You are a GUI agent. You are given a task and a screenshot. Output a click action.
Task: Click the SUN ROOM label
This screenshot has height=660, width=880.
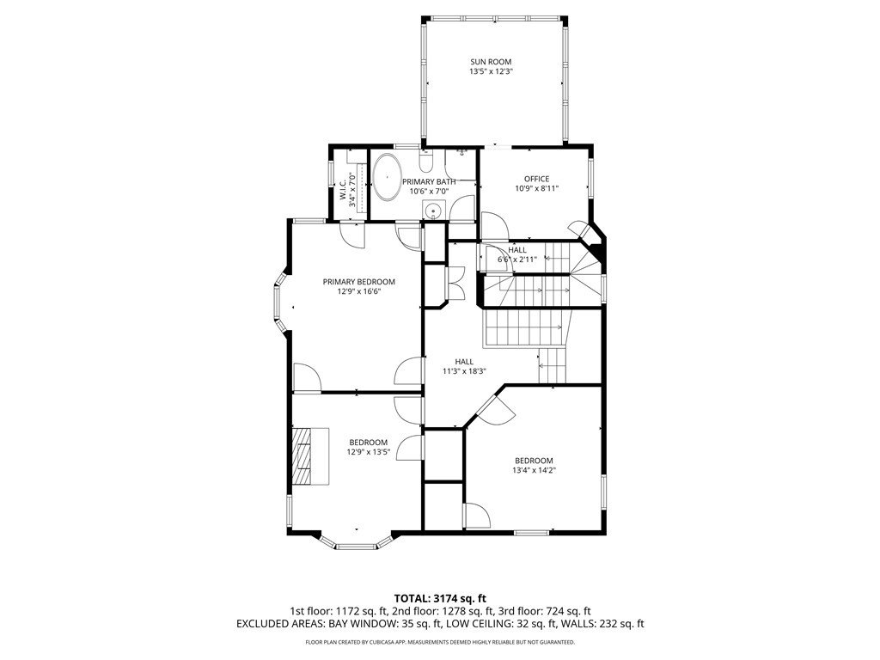[x=491, y=62]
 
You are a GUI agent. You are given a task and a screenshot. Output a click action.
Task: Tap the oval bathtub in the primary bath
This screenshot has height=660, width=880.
[x=387, y=176]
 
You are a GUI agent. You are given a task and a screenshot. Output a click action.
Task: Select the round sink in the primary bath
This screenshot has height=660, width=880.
[x=433, y=211]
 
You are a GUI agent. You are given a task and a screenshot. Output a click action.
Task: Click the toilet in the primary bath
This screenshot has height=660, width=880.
[x=426, y=161]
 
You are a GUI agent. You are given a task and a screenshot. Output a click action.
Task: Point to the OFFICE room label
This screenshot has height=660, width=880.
[x=536, y=179]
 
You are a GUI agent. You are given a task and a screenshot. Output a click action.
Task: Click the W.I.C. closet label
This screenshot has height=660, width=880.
[x=343, y=190]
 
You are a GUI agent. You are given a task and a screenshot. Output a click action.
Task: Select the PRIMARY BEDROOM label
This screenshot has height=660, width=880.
[x=358, y=282]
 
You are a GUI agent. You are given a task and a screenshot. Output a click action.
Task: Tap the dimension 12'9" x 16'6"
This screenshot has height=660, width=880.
[x=358, y=291]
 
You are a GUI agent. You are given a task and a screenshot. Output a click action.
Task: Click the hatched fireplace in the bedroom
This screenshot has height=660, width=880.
[x=310, y=455]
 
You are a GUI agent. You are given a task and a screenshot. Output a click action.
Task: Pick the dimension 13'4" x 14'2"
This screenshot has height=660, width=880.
[x=534, y=470]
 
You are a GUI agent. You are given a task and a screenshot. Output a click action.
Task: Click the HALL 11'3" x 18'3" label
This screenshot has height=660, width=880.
[x=464, y=366]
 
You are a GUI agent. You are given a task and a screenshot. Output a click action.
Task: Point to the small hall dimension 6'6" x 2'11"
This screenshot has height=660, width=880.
[x=516, y=260]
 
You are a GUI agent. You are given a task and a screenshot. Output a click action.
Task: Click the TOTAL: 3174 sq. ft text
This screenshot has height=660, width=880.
[x=439, y=598]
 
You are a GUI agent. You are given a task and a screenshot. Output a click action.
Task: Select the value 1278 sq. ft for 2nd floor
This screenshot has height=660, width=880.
[x=469, y=611]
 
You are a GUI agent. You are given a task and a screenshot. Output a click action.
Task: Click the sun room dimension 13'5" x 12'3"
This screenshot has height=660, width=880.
[x=491, y=71]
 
